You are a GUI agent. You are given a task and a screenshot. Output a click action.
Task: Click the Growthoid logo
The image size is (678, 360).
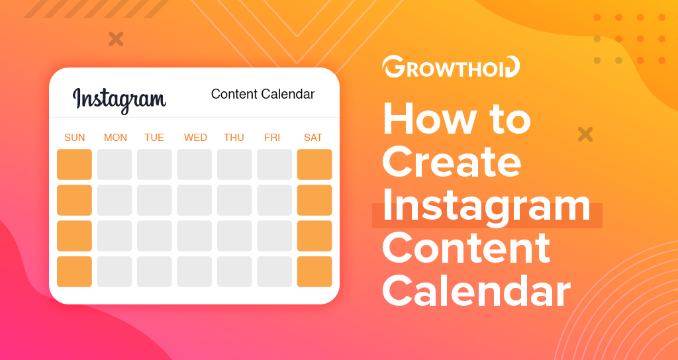(x=450, y=67)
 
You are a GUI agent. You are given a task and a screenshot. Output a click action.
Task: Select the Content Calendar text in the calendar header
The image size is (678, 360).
(x=263, y=94)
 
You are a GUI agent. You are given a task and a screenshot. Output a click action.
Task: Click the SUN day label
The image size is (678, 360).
(x=74, y=138)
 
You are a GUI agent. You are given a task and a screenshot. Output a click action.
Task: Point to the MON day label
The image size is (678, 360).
(x=115, y=138)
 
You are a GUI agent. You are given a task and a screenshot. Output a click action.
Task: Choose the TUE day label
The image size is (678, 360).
(x=154, y=138)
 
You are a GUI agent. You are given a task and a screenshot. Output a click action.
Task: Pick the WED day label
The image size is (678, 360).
(x=195, y=138)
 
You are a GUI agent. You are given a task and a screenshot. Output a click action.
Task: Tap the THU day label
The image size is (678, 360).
(x=234, y=138)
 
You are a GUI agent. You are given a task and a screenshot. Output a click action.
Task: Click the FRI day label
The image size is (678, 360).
(x=272, y=138)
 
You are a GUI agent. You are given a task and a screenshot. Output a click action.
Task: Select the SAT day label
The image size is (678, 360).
(x=313, y=138)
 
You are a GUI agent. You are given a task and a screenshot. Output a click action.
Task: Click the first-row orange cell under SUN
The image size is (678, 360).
(x=74, y=164)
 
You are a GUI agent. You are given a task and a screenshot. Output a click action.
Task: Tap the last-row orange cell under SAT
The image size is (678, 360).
(x=315, y=271)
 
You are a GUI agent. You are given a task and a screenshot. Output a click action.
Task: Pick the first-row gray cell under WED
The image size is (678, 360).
(x=194, y=164)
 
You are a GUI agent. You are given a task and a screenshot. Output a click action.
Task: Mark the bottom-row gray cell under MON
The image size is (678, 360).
(x=114, y=271)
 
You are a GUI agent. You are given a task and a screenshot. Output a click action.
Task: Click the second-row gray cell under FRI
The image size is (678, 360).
(x=274, y=200)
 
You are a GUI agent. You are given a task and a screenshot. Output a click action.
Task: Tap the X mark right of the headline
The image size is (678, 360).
(x=585, y=134)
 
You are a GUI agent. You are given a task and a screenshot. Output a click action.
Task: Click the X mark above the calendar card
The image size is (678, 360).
(x=116, y=39)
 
